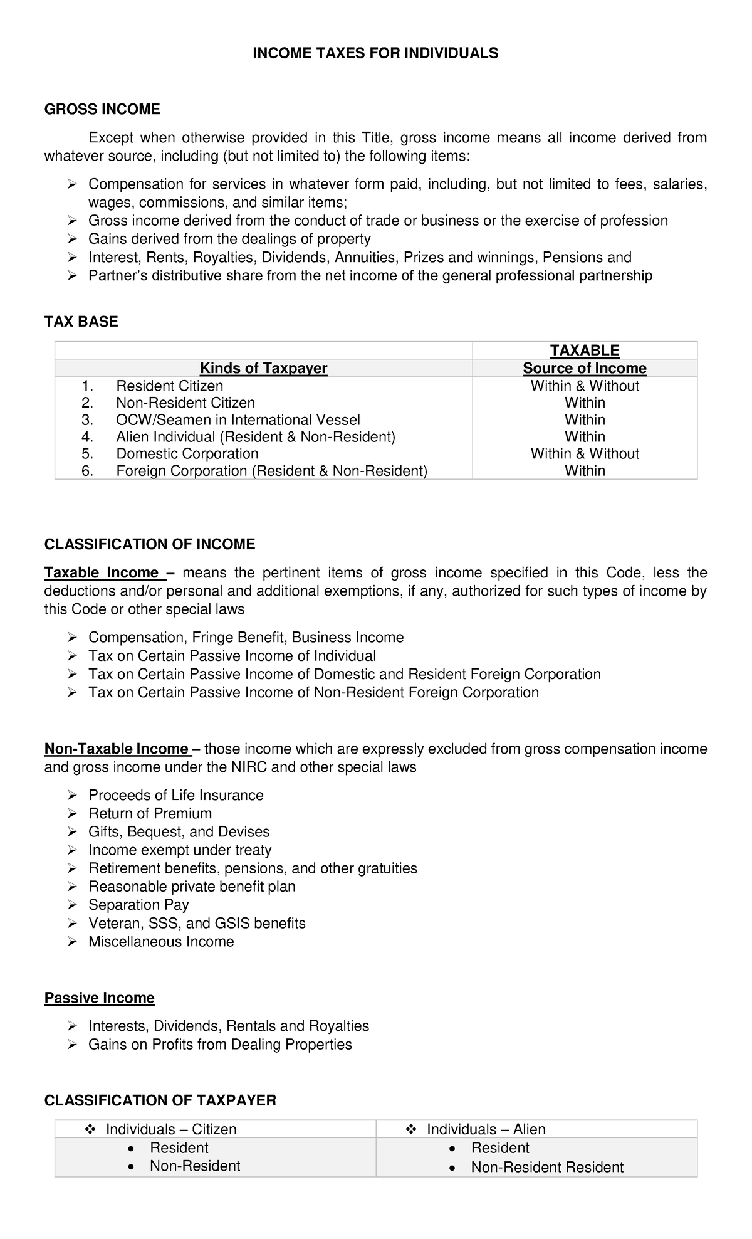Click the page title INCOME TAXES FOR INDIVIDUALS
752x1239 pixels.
(375, 53)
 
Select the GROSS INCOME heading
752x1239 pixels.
(102, 110)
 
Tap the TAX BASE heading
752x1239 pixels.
(81, 322)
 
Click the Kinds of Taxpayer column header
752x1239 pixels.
(263, 368)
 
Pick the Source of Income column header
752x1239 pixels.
(585, 368)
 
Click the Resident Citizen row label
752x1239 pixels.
(169, 386)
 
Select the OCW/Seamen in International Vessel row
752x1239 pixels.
(238, 419)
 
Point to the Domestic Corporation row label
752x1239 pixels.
(187, 453)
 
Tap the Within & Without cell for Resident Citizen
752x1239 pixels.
(585, 386)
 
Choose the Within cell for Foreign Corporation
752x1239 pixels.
(585, 470)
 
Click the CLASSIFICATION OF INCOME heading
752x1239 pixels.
(150, 544)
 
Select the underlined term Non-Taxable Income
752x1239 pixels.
(117, 749)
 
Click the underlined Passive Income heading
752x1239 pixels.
(100, 998)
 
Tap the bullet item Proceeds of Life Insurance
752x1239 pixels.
(175, 795)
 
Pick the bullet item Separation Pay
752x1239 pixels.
(138, 904)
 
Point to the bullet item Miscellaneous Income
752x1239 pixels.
(161, 941)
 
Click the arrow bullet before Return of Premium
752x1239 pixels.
(72, 814)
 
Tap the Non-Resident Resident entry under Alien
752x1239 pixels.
(547, 1167)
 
